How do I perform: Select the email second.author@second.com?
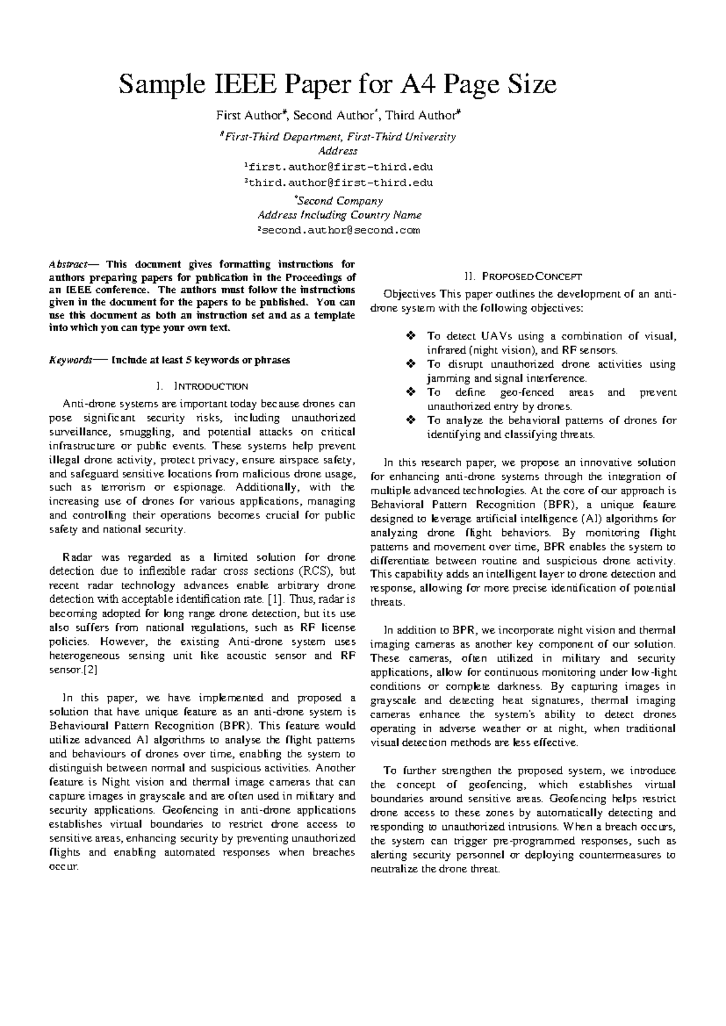point(338,230)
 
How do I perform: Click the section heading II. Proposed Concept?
point(523,277)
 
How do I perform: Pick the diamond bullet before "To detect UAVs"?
point(410,336)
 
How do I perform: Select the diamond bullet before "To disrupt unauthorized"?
point(410,364)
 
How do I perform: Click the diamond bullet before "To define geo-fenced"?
point(410,392)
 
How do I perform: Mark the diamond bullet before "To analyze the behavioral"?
point(410,420)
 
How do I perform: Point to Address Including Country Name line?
point(339,215)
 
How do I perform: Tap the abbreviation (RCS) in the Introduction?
point(313,571)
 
